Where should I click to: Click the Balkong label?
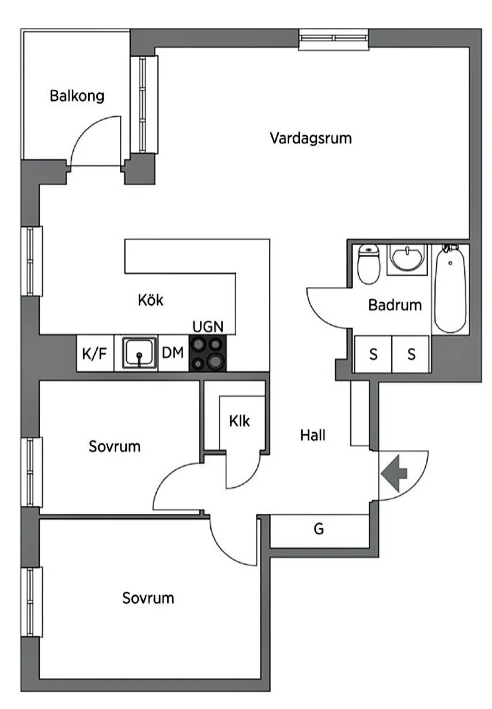click(77, 96)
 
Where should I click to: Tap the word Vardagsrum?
click(311, 138)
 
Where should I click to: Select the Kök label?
click(151, 300)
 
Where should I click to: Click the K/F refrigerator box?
click(94, 353)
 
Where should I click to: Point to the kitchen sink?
click(139, 353)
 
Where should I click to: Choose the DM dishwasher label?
click(172, 353)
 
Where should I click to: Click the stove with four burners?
click(207, 353)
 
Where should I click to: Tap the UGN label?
click(207, 327)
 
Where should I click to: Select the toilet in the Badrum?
click(368, 264)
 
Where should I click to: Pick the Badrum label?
click(395, 305)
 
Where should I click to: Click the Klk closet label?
click(240, 421)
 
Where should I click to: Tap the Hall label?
click(313, 435)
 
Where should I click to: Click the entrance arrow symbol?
click(394, 473)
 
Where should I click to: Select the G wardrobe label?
click(319, 529)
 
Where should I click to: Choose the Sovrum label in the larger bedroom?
click(148, 598)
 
